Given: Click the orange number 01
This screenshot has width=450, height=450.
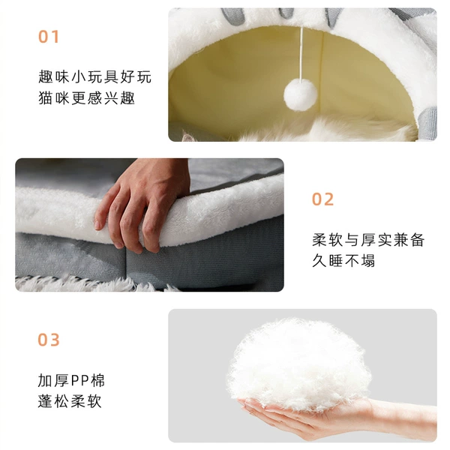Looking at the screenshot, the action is click(49, 37).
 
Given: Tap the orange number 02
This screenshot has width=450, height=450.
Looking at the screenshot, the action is click(322, 199).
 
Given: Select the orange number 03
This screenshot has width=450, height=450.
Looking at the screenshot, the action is click(49, 340).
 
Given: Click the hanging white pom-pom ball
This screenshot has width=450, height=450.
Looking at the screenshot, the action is click(301, 95).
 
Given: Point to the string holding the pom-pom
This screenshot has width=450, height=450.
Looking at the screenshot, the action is click(301, 53).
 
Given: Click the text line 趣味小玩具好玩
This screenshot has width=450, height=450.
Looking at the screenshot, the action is click(94, 76).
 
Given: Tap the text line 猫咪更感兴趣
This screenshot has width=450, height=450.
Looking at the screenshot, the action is click(86, 97).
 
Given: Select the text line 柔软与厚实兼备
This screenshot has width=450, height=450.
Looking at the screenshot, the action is click(368, 240).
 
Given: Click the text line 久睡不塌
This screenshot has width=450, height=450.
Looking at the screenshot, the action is click(343, 261).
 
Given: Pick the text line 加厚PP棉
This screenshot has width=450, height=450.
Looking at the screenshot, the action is click(71, 380).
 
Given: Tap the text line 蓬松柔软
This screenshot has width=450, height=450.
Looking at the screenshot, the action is click(70, 401).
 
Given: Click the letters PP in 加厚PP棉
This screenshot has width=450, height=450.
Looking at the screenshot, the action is click(79, 381).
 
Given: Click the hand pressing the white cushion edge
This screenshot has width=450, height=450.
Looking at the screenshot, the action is click(141, 204).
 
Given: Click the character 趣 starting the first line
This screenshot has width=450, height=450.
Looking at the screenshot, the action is click(45, 76).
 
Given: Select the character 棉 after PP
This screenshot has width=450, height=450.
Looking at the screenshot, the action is click(97, 380).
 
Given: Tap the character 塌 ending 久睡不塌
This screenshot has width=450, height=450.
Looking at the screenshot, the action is click(368, 261).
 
